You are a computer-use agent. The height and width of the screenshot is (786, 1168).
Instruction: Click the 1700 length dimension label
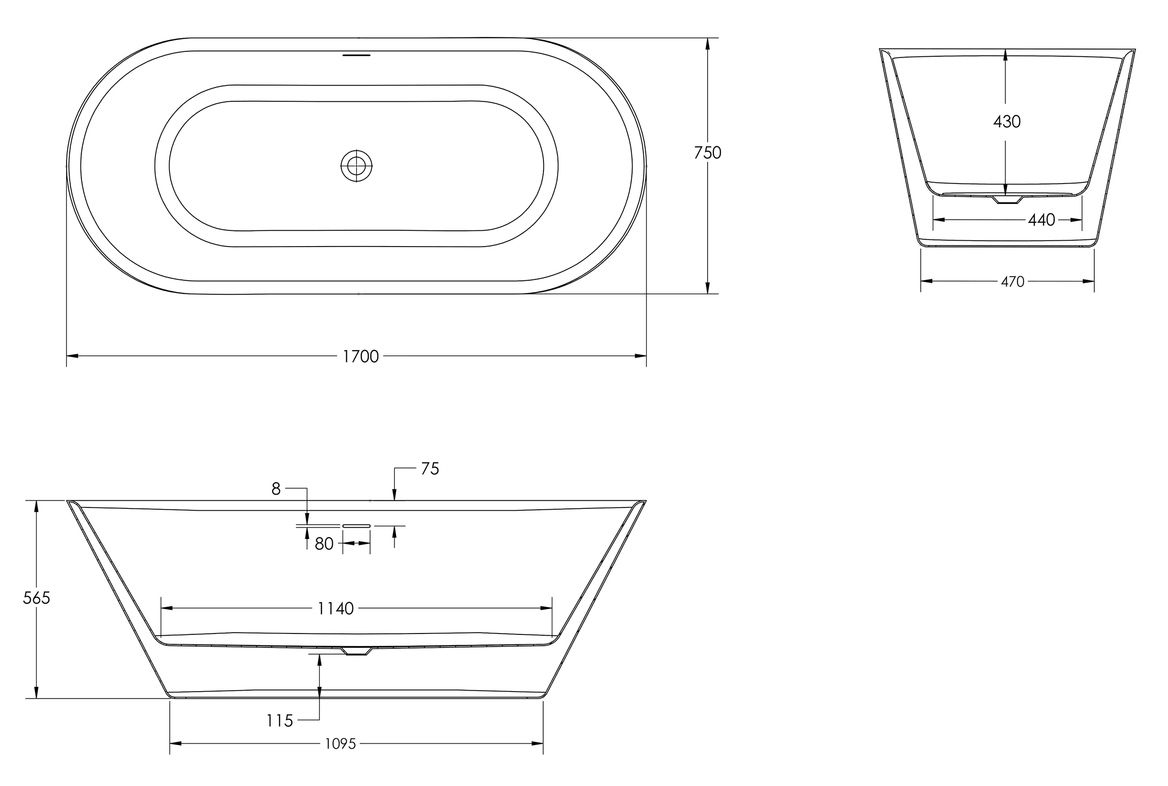[x=360, y=356]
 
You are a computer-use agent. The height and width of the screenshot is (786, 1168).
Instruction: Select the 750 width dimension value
[x=707, y=153]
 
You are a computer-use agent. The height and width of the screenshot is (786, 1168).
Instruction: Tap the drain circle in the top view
[x=356, y=166]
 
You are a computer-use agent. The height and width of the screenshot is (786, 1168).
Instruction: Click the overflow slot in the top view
[x=356, y=55]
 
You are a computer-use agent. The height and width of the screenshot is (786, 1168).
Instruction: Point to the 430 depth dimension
[x=1007, y=122]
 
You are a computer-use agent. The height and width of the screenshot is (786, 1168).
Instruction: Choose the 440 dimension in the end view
[x=1041, y=220]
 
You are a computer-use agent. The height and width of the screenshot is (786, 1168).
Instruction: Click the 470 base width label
[x=1012, y=282]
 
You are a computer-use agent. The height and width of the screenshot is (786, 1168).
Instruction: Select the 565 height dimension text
[x=36, y=598]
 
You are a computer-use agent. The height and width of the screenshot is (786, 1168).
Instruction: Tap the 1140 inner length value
[x=335, y=609]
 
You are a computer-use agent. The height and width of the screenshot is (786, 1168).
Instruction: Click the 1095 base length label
[x=340, y=744]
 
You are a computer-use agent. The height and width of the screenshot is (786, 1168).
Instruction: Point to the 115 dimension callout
[x=280, y=721]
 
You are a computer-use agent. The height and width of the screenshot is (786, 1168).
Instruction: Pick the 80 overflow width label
[x=324, y=544]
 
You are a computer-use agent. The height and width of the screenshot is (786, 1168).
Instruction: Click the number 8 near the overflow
[x=276, y=489]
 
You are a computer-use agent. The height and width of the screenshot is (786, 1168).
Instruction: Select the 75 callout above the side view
[x=430, y=469]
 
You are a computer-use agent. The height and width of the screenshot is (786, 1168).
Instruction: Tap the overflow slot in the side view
[x=356, y=526]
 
